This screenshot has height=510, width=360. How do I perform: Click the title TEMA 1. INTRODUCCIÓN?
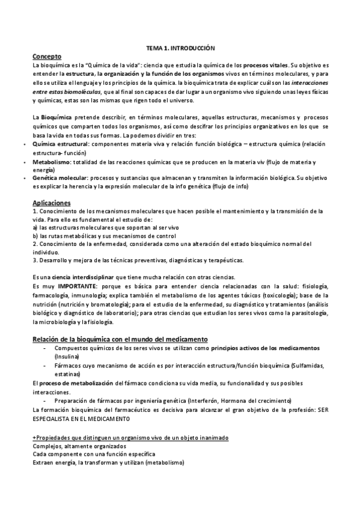point(180,47)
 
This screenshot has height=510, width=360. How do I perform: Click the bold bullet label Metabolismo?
point(52,162)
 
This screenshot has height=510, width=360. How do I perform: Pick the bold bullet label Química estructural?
point(60,145)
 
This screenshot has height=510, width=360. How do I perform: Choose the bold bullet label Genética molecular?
point(61,179)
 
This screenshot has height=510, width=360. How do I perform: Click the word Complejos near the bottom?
point(47,446)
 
